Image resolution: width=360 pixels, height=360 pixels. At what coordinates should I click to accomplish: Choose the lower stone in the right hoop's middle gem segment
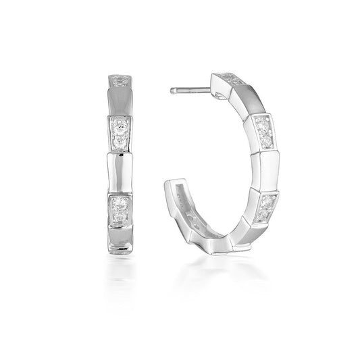pyautogui.click(x=264, y=141)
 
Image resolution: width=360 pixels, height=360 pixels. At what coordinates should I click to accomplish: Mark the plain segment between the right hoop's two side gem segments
pyautogui.click(x=265, y=172)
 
